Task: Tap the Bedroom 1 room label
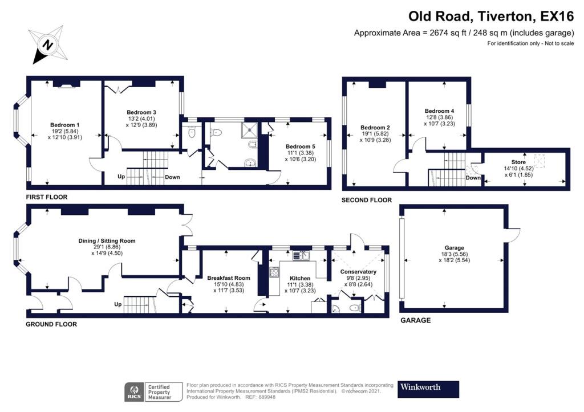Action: pyautogui.click(x=64, y=125)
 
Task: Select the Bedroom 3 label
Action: pyautogui.click(x=141, y=112)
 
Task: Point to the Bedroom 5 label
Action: pyautogui.click(x=301, y=146)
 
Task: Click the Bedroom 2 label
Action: pyautogui.click(x=375, y=127)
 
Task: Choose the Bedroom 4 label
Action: pyautogui.click(x=440, y=111)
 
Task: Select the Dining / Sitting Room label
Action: pyautogui.click(x=107, y=240)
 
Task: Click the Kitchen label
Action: pyautogui.click(x=300, y=278)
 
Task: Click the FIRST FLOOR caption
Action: pyautogui.click(x=47, y=197)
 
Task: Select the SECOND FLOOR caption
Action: pyautogui.click(x=367, y=200)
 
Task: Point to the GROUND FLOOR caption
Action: pyautogui.click(x=51, y=324)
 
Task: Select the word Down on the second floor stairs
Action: pyautogui.click(x=473, y=177)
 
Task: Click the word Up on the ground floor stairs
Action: pyautogui.click(x=119, y=304)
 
